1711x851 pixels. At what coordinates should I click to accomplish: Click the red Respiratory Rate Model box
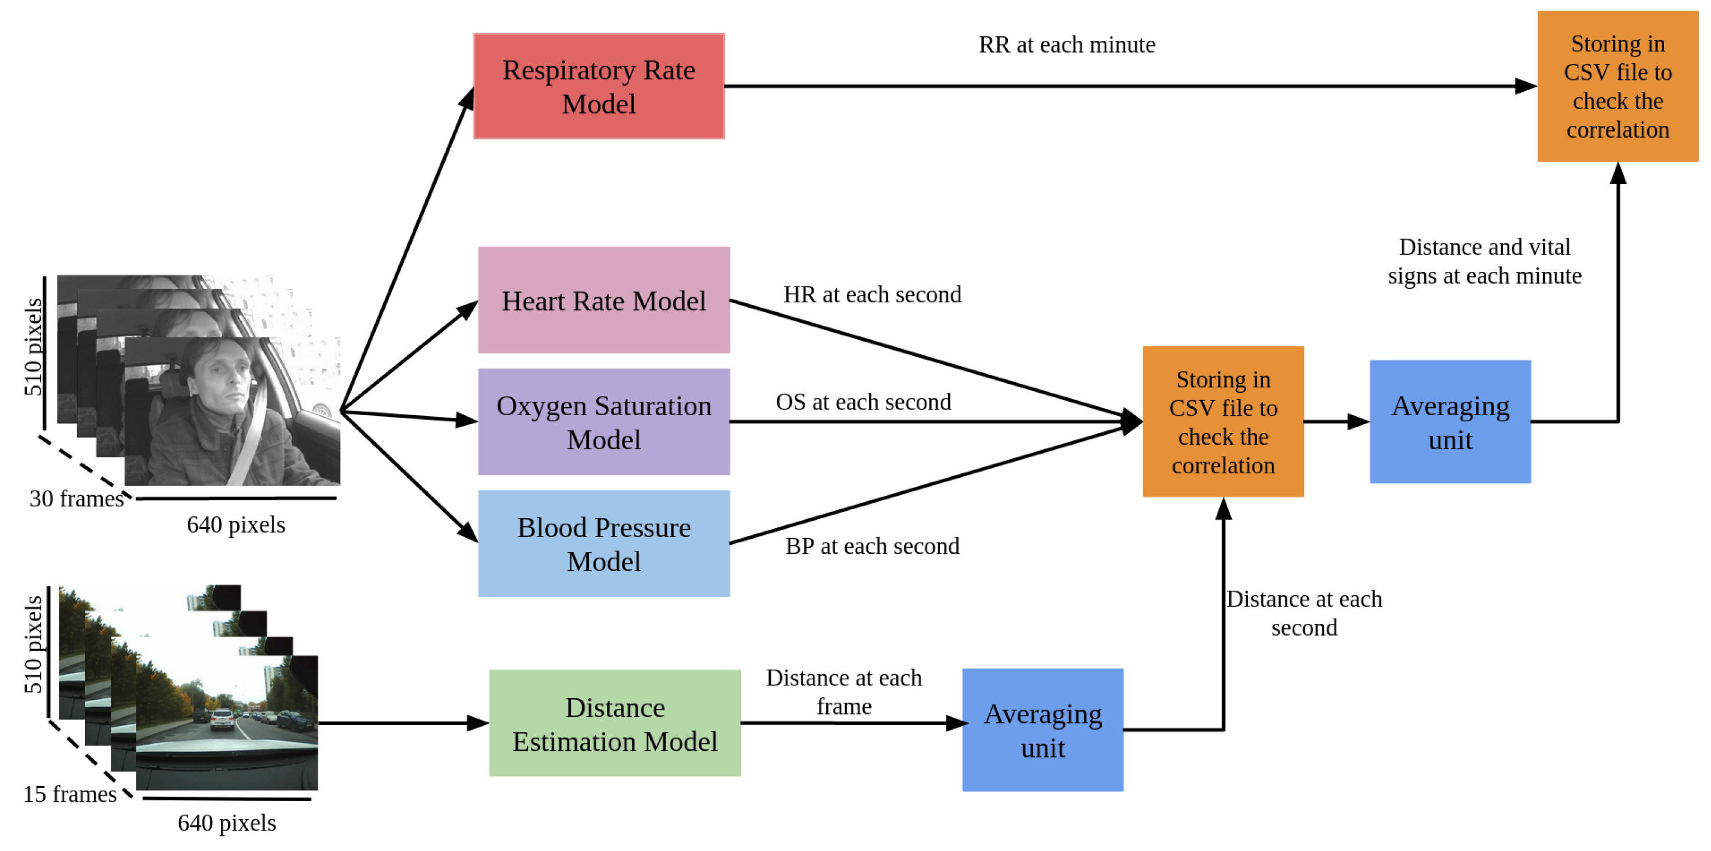(598, 86)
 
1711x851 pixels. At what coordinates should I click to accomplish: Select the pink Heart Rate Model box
(604, 300)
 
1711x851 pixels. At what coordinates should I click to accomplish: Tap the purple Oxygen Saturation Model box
(604, 422)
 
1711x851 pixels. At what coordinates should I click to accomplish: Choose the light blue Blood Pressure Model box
(604, 543)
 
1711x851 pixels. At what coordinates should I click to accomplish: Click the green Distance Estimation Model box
(615, 723)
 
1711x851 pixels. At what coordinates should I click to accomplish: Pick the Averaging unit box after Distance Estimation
(1043, 730)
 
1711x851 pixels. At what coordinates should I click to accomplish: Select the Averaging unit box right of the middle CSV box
(1451, 422)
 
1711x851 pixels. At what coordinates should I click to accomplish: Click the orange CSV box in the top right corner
(1618, 86)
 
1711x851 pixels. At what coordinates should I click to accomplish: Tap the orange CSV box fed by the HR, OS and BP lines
(1223, 422)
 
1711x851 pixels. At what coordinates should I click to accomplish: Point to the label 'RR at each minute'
(1067, 45)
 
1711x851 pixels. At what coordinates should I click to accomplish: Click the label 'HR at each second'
(872, 294)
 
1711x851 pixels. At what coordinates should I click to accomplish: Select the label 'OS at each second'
(864, 402)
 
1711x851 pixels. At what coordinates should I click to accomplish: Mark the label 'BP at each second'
(872, 546)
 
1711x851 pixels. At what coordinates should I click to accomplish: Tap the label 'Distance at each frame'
(843, 692)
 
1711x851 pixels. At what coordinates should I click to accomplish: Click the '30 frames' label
(77, 499)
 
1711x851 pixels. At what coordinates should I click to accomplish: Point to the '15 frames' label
(70, 794)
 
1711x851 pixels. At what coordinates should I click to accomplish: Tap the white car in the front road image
(223, 720)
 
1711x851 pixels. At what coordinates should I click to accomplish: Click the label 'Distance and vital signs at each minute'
(1484, 261)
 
